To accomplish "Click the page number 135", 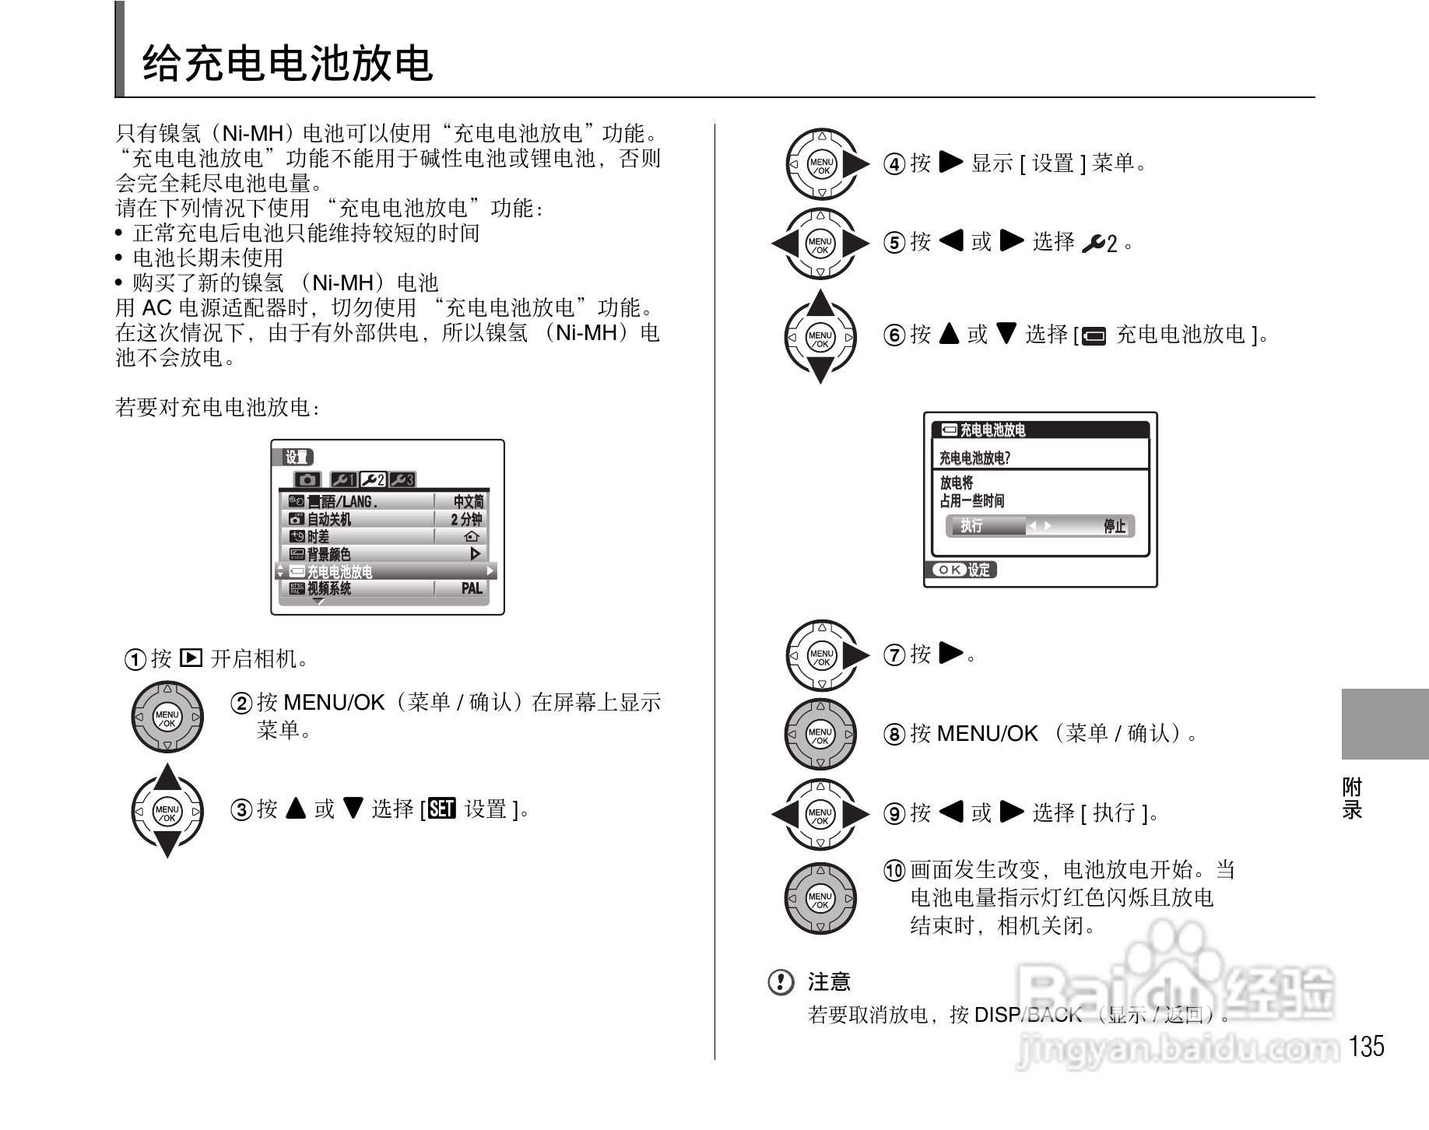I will click(1368, 1046).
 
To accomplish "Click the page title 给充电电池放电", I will click(286, 62).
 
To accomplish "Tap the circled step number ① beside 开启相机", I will click(135, 660).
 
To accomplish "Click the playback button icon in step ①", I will click(191, 658).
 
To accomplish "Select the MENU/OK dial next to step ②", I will click(167, 718).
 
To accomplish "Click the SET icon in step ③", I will click(441, 809).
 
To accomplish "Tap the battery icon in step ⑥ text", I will click(1094, 336).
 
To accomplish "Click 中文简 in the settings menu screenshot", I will click(468, 502).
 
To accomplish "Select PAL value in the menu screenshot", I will click(472, 589).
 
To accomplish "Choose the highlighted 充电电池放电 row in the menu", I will click(385, 571).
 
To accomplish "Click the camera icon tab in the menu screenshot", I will click(307, 479).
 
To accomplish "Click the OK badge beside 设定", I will click(949, 570).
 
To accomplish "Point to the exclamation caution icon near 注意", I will click(781, 982).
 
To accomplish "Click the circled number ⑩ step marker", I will click(895, 870).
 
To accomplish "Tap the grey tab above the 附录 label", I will click(1385, 724).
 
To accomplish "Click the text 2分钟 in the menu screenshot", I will click(466, 519).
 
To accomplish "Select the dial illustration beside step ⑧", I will click(820, 735).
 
